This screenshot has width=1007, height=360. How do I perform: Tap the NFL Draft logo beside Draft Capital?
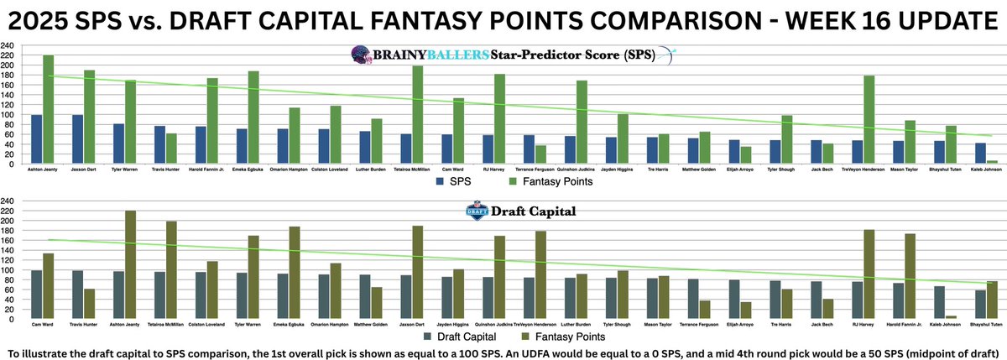477,211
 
